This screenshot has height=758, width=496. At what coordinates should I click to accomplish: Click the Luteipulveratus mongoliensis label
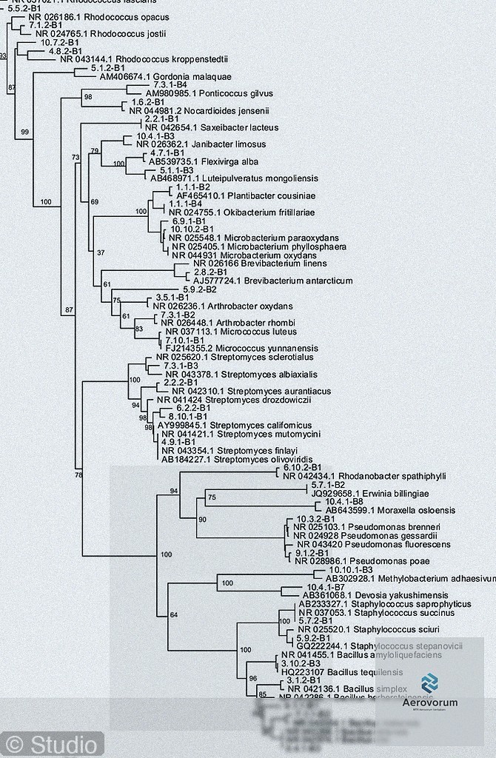(234, 178)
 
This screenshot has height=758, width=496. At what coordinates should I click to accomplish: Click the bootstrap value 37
(101, 254)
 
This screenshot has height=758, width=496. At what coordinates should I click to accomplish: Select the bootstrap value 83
(138, 329)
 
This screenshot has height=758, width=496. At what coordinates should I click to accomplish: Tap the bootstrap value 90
(202, 520)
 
